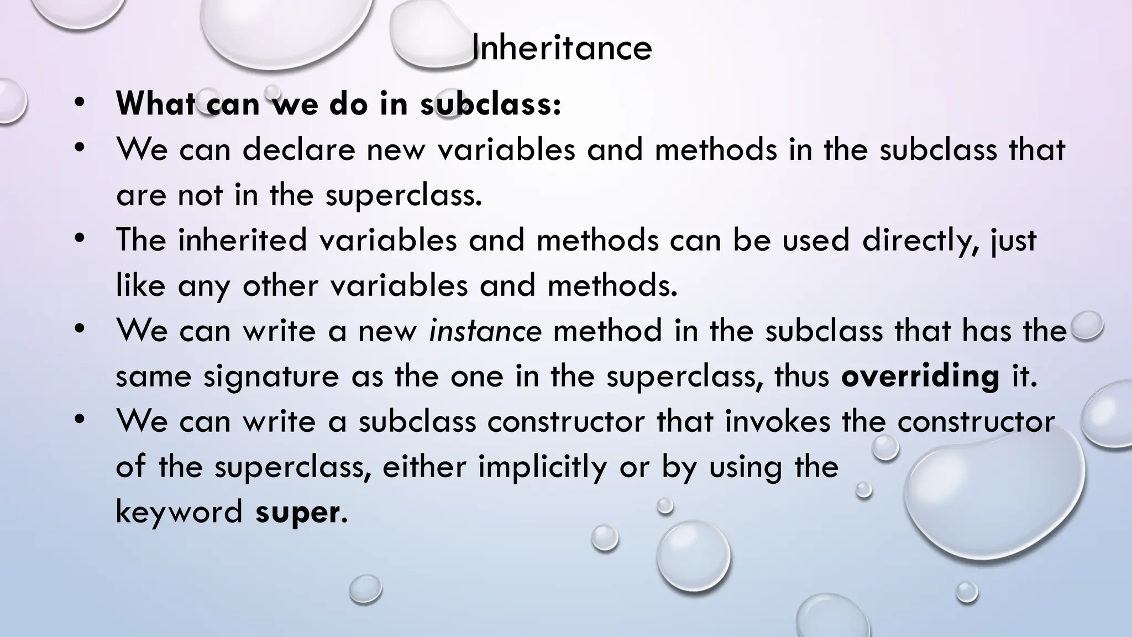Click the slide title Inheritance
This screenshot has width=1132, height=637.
562,48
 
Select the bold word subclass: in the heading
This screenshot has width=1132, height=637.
490,103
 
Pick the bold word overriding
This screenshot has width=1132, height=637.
920,376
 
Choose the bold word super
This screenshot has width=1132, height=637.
297,512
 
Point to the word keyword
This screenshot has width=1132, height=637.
179,512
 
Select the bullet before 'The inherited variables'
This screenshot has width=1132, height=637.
80,238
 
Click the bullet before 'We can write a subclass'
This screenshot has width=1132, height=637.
80,420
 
